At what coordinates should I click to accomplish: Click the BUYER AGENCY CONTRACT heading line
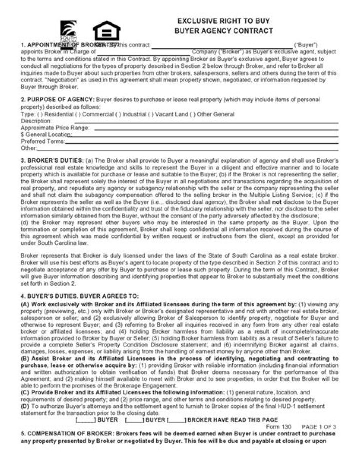click(x=223, y=31)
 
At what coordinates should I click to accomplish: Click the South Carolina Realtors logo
click(x=67, y=34)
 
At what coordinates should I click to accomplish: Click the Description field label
click(x=36, y=121)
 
